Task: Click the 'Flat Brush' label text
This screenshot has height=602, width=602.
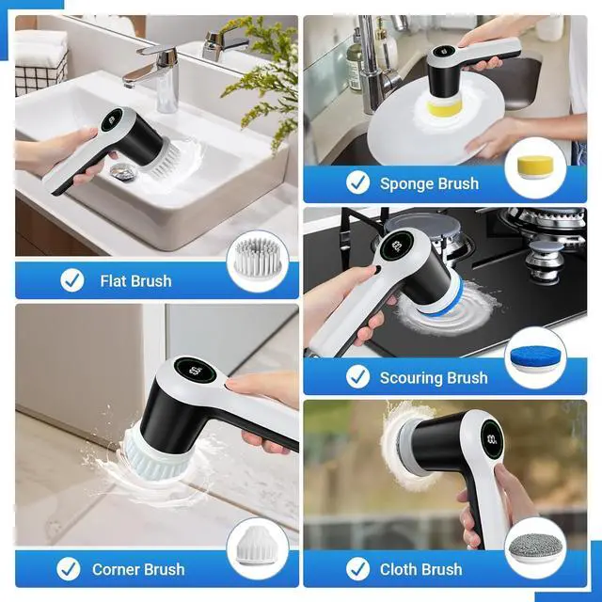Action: click(x=135, y=280)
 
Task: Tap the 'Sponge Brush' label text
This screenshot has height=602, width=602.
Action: click(x=429, y=183)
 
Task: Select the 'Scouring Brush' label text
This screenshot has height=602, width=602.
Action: click(x=434, y=378)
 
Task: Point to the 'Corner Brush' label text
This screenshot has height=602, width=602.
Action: click(x=138, y=569)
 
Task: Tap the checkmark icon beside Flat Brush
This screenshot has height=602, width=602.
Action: click(x=71, y=279)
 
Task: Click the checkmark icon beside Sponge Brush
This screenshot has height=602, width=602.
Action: click(x=357, y=182)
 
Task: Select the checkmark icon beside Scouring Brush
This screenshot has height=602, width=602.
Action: click(x=357, y=377)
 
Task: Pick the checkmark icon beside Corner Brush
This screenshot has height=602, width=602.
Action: click(x=68, y=568)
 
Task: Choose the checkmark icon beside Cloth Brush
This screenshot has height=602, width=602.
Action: click(x=357, y=568)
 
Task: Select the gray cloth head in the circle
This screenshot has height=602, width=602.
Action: click(x=535, y=548)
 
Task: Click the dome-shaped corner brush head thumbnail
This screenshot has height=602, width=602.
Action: click(x=257, y=545)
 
